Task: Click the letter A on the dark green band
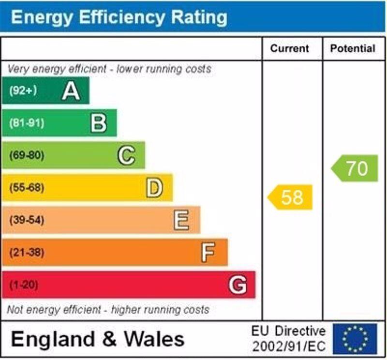[71, 91]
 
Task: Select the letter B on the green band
[99, 123]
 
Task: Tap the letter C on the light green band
[126, 156]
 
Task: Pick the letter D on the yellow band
[154, 188]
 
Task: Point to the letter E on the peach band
[181, 221]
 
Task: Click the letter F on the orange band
[208, 253]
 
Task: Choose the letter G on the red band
[237, 285]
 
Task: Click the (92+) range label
[23, 91]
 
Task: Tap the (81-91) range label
[26, 123]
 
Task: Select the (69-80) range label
[26, 156]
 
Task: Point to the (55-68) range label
[26, 188]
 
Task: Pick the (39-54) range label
[26, 221]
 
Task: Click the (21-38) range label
[26, 253]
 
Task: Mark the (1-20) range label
[23, 285]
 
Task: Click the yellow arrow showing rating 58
[291, 197]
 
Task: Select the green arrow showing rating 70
[355, 168]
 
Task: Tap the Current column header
[289, 48]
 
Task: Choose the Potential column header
[353, 48]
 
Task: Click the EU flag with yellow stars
[355, 339]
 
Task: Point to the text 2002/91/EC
[289, 346]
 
